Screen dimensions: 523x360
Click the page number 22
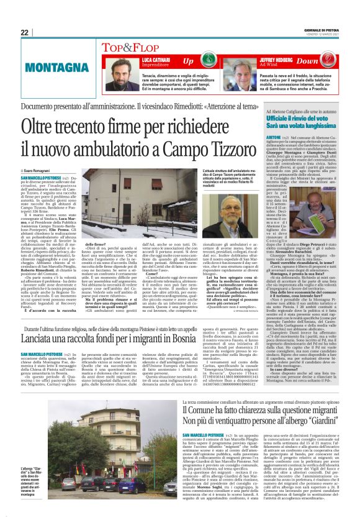tap(25, 32)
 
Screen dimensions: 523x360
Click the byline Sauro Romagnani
tap(42, 170)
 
